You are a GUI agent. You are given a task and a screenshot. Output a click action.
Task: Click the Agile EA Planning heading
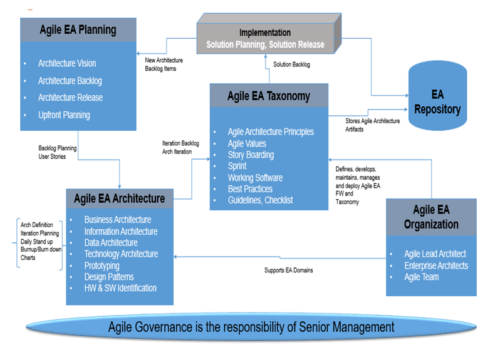[77, 29]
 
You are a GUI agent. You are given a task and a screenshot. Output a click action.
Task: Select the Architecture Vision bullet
[67, 63]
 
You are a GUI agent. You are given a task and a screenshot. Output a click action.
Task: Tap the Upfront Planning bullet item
[64, 115]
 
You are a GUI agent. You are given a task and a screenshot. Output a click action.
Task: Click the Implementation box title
[265, 33]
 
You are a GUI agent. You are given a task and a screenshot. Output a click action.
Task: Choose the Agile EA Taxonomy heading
[268, 96]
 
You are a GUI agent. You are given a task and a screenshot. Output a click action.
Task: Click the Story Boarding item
[251, 155]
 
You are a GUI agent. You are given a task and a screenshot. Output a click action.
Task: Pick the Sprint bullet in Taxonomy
[237, 166]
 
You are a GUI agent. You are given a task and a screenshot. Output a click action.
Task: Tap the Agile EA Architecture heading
[119, 198]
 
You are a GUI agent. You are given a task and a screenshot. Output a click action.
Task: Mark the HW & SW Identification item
[120, 288]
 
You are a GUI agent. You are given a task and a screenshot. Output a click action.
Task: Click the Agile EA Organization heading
[430, 217]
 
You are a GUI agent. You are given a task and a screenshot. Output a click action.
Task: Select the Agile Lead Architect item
[435, 254]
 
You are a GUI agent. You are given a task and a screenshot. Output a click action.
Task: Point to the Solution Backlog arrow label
[291, 64]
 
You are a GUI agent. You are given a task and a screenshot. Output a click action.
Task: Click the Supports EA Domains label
[288, 270]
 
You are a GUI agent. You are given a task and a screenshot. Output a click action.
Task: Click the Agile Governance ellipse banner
[251, 327]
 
